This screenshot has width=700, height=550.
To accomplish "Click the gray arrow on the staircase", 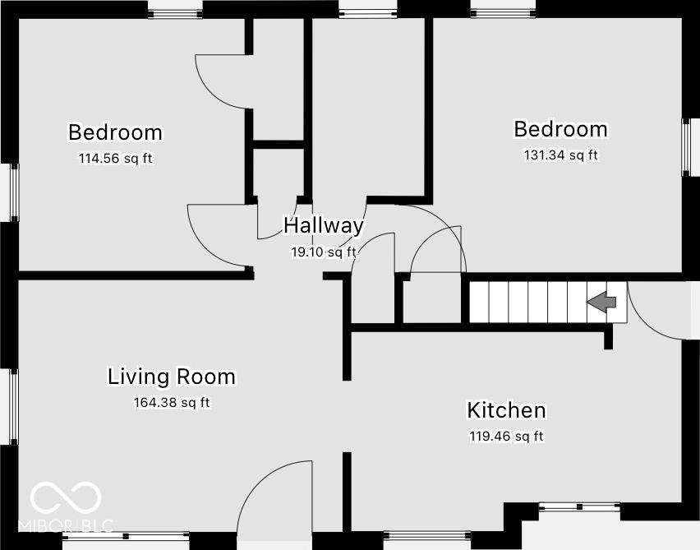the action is point(601,302).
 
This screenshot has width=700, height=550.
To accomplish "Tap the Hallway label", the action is point(324,225).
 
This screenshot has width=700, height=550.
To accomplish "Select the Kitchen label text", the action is point(506,410).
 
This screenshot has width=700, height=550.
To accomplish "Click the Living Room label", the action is point(172,377).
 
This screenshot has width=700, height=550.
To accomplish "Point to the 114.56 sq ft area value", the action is point(116,159).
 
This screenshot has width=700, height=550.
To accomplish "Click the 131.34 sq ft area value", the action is point(560,155).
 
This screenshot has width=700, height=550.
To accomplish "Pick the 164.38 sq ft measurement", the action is point(172,403).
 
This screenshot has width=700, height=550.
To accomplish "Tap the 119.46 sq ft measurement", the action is point(506,436).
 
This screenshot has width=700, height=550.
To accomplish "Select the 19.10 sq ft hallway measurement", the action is point(324,252).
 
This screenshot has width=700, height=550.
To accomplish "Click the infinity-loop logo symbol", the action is point(66,497).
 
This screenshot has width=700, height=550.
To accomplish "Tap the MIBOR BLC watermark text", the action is point(66,526).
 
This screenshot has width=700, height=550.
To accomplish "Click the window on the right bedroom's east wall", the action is point(686,147).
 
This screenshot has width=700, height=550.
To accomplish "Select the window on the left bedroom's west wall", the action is point(14,192).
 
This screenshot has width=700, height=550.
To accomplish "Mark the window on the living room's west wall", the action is point(13,407).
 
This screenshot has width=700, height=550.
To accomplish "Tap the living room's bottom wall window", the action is point(126,536).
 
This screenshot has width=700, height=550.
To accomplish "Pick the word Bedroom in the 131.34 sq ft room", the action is point(560,129).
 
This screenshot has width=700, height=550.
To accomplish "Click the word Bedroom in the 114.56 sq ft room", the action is point(116,132).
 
